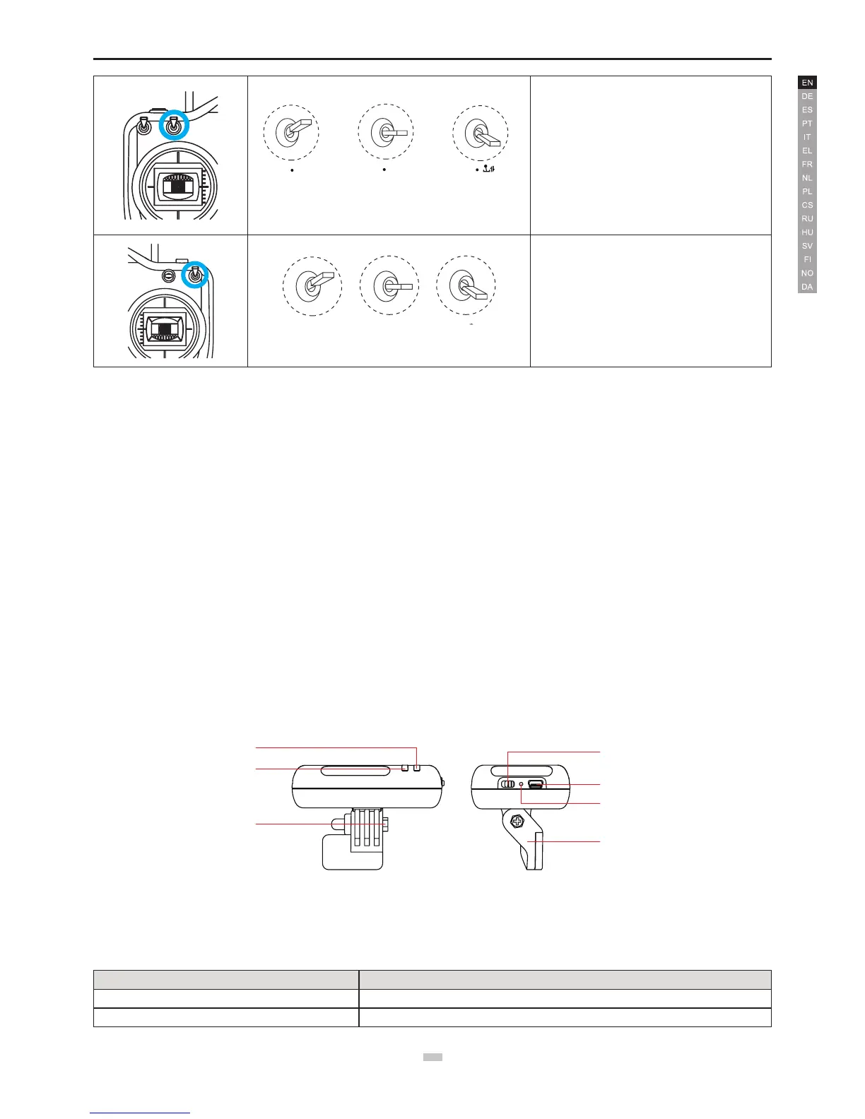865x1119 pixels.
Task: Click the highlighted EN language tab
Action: pos(808,83)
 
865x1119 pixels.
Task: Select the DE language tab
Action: pos(808,96)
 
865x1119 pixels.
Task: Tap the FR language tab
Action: pos(808,164)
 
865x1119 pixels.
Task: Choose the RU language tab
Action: pos(808,218)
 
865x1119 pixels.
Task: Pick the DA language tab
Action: pos(808,287)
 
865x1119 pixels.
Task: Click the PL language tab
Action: pos(808,191)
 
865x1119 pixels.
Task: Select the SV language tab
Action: pos(808,246)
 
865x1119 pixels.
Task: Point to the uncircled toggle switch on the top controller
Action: pos(143,125)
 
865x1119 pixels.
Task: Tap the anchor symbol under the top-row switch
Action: pos(488,170)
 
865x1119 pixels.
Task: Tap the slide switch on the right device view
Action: pos(509,784)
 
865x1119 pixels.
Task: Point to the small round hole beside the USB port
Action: pos(522,784)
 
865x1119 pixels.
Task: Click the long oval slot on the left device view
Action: pos(355,771)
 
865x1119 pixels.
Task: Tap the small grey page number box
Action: pos(432,1058)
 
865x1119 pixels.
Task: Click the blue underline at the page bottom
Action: pos(140,1113)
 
